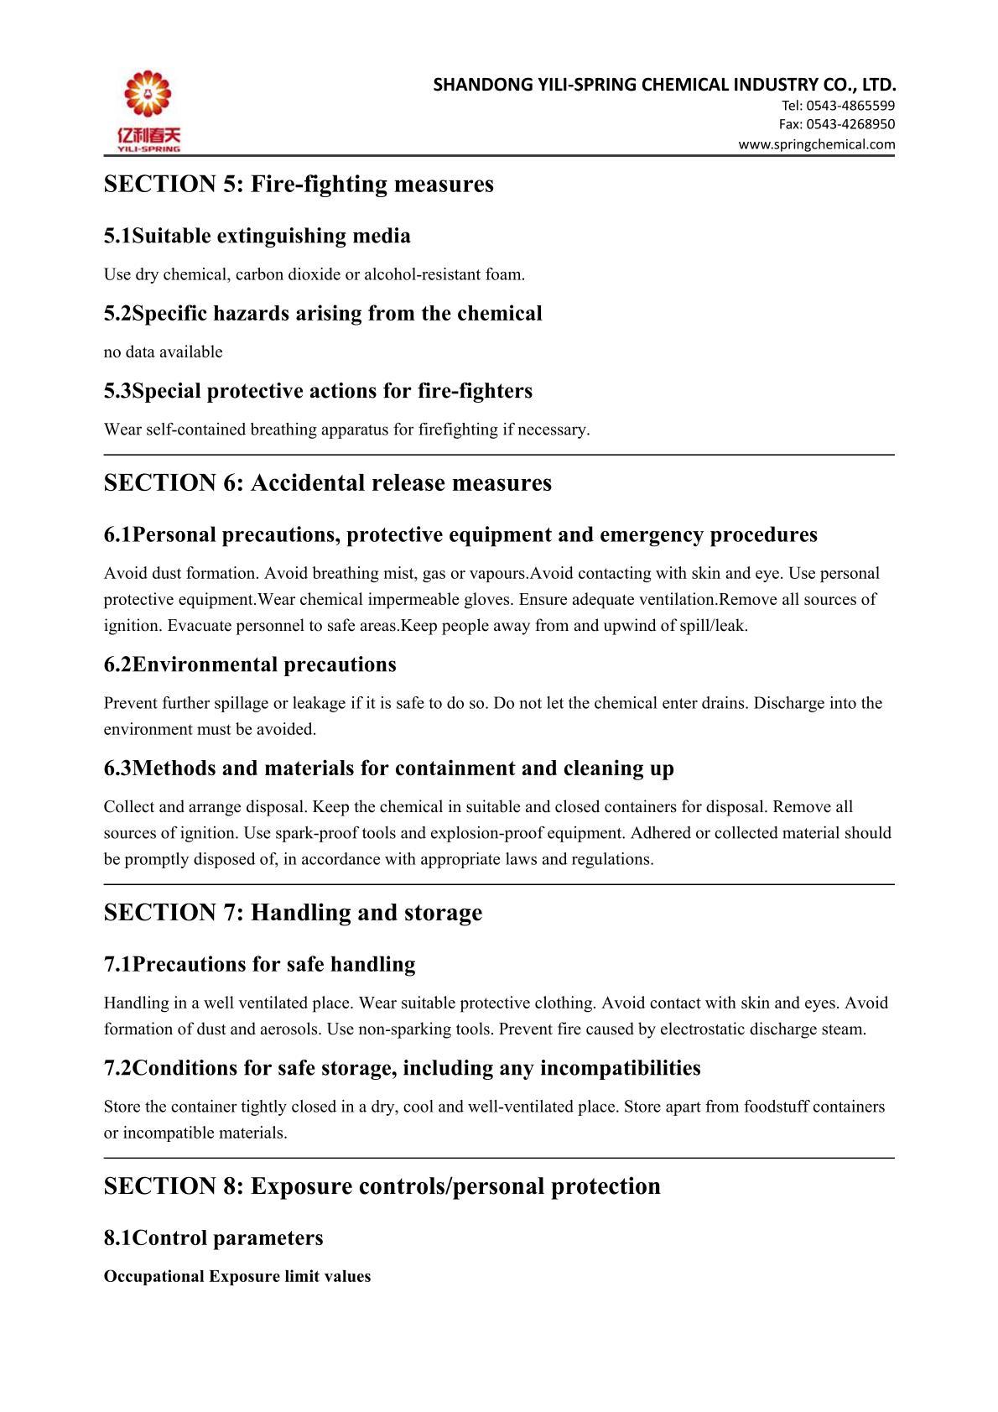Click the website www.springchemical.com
click(816, 144)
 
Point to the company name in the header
click(664, 85)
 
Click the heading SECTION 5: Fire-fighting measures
click(299, 184)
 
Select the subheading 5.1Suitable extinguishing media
click(257, 236)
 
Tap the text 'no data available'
click(164, 352)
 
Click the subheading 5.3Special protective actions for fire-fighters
click(318, 391)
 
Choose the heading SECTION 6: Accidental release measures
click(328, 483)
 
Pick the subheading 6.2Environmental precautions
click(250, 664)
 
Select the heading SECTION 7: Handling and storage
click(293, 913)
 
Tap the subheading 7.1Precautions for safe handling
click(259, 965)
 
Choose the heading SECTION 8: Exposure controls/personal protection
click(382, 1186)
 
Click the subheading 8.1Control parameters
click(213, 1238)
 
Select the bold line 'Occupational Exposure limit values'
click(237, 1277)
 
